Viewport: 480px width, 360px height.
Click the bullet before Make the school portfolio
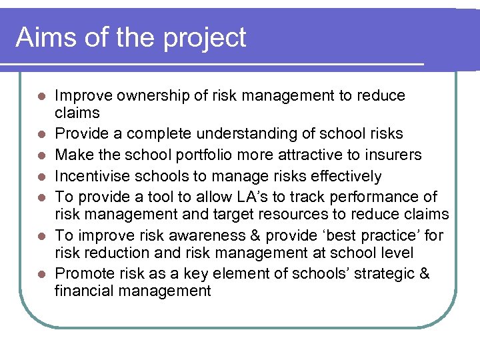[41, 155]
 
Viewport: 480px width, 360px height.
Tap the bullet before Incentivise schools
[41, 177]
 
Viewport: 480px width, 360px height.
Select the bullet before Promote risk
[41, 275]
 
